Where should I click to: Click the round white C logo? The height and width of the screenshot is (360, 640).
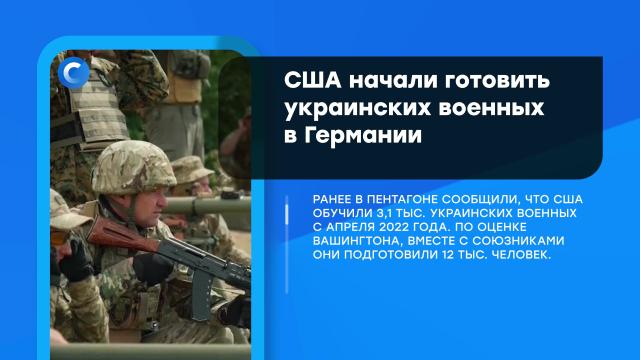pyautogui.click(x=73, y=73)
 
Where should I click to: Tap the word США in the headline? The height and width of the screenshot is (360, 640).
pyautogui.click(x=313, y=80)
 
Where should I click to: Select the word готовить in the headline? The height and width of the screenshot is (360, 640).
pyautogui.click(x=497, y=80)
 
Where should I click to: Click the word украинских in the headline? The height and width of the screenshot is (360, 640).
pyautogui.click(x=352, y=108)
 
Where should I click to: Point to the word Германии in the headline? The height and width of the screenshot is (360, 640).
pyautogui.click(x=363, y=136)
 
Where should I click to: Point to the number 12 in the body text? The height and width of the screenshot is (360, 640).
pyautogui.click(x=448, y=255)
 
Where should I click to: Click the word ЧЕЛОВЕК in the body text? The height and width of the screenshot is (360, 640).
pyautogui.click(x=522, y=255)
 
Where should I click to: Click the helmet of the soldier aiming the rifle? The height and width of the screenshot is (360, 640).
pyautogui.click(x=133, y=167)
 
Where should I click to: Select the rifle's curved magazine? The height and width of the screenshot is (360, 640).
pyautogui.click(x=201, y=297)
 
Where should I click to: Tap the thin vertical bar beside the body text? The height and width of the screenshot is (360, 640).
pyautogui.click(x=287, y=244)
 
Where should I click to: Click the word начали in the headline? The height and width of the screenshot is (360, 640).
pyautogui.click(x=393, y=80)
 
